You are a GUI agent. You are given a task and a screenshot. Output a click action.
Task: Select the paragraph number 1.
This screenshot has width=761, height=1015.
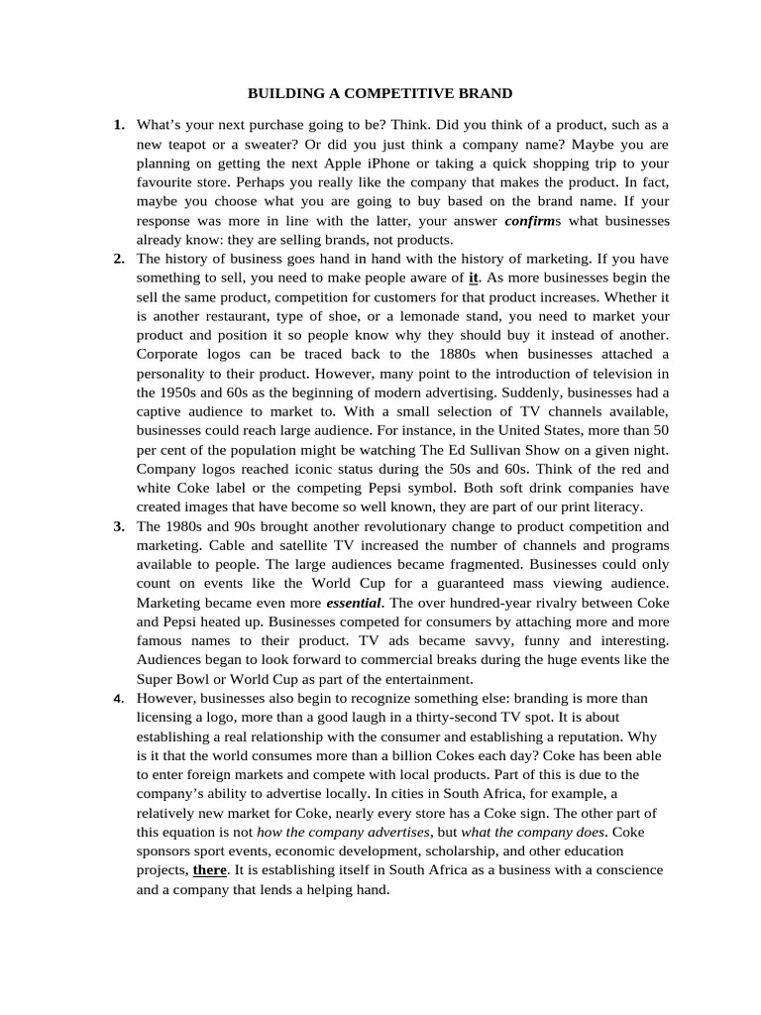click(x=119, y=125)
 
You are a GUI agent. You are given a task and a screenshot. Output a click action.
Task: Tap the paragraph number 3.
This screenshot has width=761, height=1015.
click(x=119, y=526)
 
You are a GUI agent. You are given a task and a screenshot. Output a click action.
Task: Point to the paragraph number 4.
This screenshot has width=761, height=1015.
click(x=119, y=699)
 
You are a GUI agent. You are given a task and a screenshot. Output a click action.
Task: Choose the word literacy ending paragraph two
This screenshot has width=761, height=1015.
click(x=615, y=507)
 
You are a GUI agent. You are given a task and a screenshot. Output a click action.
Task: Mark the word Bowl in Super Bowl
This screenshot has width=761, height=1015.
click(x=194, y=679)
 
